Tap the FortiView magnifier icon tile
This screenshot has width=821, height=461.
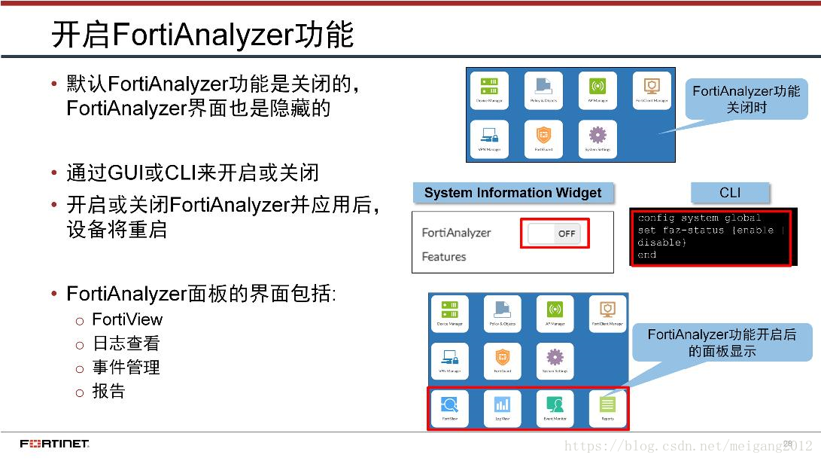449,408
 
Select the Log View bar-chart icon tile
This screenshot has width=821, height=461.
502,408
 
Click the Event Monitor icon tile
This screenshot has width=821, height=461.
555,408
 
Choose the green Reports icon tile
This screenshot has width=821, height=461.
607,408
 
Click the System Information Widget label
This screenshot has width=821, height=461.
512,193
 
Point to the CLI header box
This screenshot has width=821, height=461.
729,193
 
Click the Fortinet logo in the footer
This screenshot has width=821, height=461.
54,443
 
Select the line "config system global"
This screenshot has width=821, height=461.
699,218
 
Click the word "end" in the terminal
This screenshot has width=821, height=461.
647,255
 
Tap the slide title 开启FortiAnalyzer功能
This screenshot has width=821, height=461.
202,35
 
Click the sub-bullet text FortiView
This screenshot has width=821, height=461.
127,319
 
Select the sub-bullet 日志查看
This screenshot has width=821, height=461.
126,343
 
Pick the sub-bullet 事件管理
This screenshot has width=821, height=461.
126,368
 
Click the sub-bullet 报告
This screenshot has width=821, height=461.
108,392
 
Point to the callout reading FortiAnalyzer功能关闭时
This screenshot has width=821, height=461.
746,99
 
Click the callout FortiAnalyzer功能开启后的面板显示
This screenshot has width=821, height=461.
721,342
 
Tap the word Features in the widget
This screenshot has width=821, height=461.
444,257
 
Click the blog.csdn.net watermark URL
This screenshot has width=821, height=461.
688,446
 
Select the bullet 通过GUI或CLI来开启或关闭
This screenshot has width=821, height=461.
193,172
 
